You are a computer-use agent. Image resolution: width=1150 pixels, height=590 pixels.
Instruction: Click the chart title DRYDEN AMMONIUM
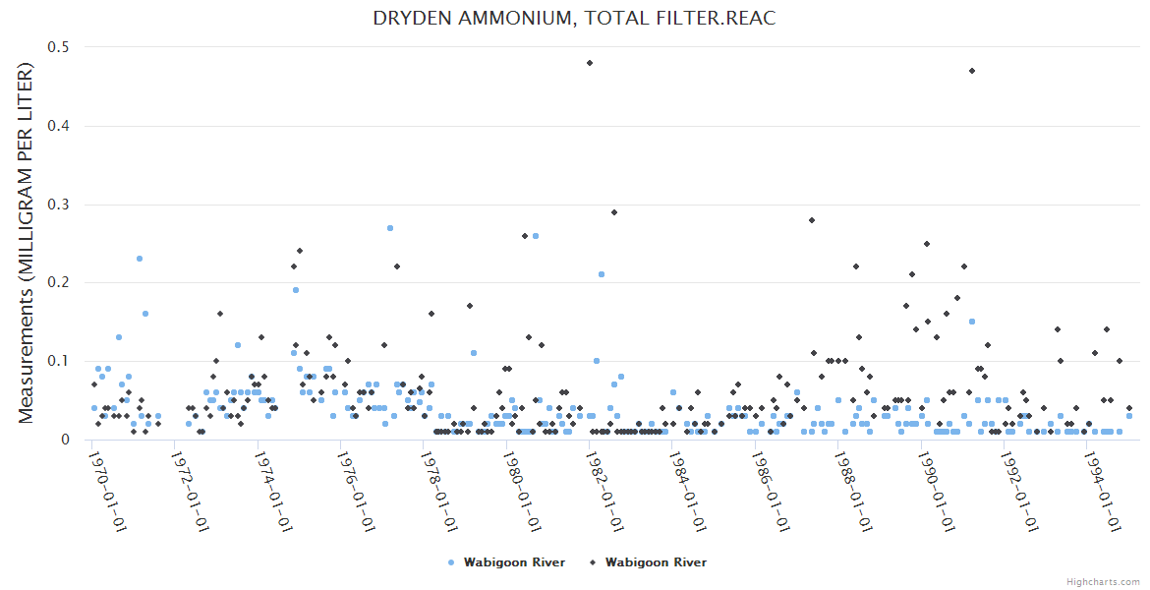[x=574, y=20]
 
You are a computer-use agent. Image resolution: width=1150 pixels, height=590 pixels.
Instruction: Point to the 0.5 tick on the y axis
[x=60, y=47]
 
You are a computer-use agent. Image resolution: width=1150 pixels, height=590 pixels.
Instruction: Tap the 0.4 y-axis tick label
[x=60, y=126]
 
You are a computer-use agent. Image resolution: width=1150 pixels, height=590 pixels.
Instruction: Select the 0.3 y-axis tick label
[x=60, y=205]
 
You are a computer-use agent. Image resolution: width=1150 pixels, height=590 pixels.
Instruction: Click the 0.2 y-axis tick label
[x=60, y=282]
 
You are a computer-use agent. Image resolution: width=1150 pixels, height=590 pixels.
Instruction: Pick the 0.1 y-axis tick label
[x=60, y=361]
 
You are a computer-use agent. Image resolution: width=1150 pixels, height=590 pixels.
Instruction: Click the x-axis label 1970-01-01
[x=108, y=490]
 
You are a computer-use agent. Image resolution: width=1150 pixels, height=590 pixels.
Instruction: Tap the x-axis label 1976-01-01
[x=357, y=490]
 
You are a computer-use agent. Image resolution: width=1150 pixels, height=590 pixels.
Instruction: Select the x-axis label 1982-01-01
[x=605, y=490]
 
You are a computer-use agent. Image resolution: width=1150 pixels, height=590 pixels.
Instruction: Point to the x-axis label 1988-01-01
[x=854, y=490]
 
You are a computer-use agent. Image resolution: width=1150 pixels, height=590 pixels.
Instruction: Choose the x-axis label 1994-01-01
[x=1103, y=490]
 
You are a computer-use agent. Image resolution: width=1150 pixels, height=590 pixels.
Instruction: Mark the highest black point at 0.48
[x=590, y=63]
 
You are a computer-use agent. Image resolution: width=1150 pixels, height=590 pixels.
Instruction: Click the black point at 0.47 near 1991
[x=972, y=71]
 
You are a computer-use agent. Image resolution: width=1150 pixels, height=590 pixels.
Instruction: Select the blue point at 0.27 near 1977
[x=390, y=228]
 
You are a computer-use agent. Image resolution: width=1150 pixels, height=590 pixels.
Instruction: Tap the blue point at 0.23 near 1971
[x=140, y=259]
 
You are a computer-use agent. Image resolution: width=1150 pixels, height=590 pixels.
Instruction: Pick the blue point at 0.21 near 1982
[x=602, y=274]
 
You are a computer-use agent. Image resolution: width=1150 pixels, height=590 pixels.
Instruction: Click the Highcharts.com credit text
[x=1103, y=581]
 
